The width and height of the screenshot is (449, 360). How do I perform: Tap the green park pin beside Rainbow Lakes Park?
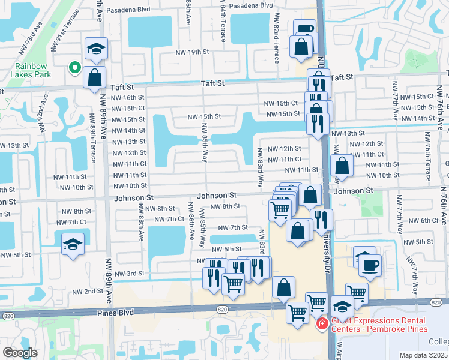(74, 68)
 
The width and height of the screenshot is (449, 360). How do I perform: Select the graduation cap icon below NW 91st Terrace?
(95, 50)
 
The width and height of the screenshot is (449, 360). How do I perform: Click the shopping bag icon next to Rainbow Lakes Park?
(95, 77)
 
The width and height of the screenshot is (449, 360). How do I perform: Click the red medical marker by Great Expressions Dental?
(322, 324)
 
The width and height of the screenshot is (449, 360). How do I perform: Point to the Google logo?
(20, 353)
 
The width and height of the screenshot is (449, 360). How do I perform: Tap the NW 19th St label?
(191, 52)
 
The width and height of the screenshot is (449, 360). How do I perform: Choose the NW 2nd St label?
(88, 291)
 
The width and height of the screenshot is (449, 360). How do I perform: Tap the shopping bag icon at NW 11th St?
(341, 166)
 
